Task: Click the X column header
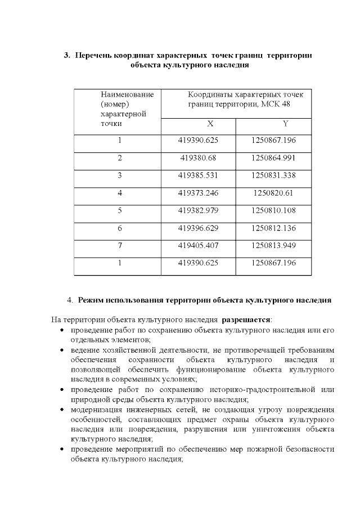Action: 198,124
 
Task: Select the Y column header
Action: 273,124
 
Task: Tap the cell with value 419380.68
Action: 198,158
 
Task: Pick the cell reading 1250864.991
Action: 273,158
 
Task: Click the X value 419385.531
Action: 198,175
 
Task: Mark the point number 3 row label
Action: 119,175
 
